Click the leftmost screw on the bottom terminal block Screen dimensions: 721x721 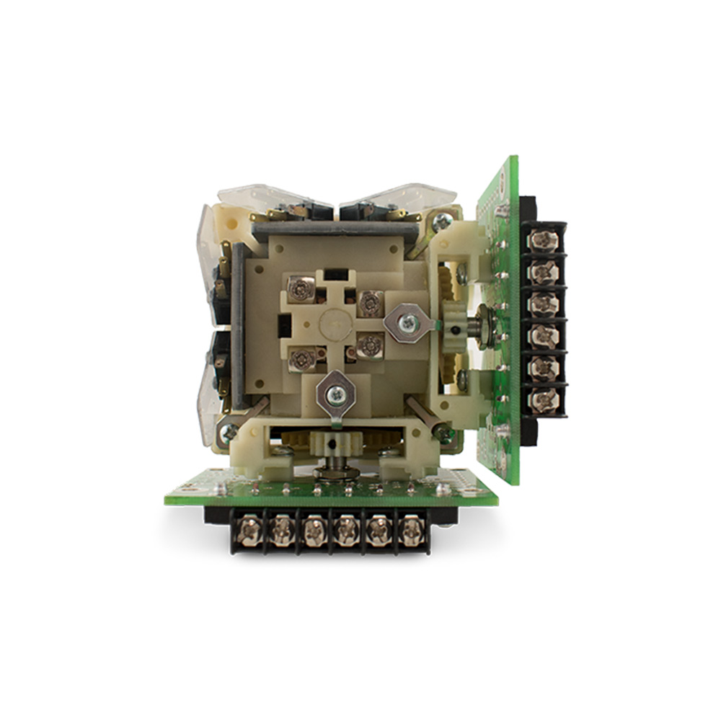249,531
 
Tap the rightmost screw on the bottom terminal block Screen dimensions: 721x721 412,531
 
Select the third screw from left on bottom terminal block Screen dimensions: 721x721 314,531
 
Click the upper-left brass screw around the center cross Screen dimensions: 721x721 298,288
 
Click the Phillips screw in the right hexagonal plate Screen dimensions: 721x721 408,324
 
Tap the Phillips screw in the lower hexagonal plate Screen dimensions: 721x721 335,394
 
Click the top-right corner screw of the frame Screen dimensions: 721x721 441,222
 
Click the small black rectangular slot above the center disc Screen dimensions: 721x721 335,275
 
